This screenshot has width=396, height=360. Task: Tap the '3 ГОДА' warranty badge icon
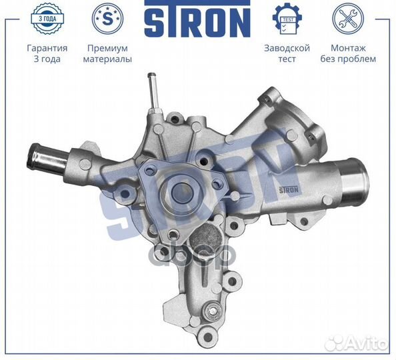point(47,18)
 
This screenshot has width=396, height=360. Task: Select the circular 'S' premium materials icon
point(107,19)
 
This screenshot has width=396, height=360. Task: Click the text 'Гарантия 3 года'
point(47,53)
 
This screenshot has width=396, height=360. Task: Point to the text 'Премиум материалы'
point(107,53)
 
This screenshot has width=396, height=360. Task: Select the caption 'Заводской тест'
point(287,53)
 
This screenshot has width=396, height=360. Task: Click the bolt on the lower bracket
point(213,311)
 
